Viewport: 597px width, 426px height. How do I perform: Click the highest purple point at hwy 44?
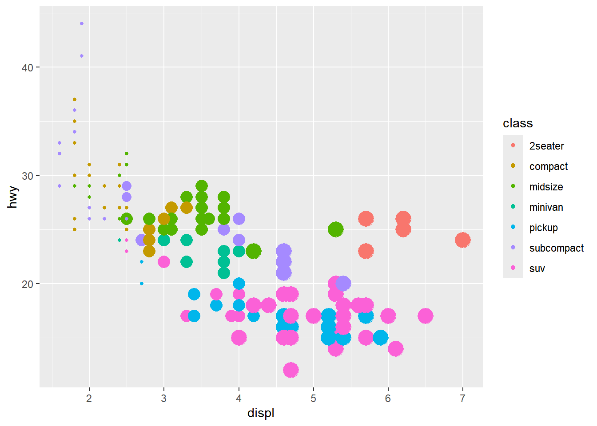[x=82, y=24]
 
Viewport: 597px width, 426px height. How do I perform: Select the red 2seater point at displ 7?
[x=462, y=240]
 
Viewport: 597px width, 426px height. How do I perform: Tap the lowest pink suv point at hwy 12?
[x=291, y=370]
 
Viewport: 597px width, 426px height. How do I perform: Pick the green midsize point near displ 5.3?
[x=336, y=229]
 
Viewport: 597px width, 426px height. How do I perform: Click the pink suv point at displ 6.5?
[x=426, y=316]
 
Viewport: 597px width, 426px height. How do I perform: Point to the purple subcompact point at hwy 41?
[x=82, y=56]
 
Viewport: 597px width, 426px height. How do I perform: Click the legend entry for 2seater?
[x=546, y=146]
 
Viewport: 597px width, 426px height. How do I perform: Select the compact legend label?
[x=548, y=166]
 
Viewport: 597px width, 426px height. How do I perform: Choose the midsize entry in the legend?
[x=546, y=187]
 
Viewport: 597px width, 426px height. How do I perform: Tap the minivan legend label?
[x=546, y=207]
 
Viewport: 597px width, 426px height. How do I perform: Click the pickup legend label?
[x=543, y=228]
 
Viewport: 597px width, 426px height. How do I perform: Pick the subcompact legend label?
[x=556, y=248]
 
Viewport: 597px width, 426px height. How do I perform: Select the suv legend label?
[x=537, y=268]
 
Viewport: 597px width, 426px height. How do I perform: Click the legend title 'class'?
[x=517, y=123]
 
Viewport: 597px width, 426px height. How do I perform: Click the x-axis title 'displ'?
[x=261, y=413]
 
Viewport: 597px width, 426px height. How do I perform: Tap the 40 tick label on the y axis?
[x=28, y=67]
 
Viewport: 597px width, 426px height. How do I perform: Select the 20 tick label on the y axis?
[x=28, y=284]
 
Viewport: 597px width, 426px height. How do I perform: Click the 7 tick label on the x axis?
[x=462, y=398]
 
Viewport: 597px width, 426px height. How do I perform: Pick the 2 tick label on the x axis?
[x=89, y=398]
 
